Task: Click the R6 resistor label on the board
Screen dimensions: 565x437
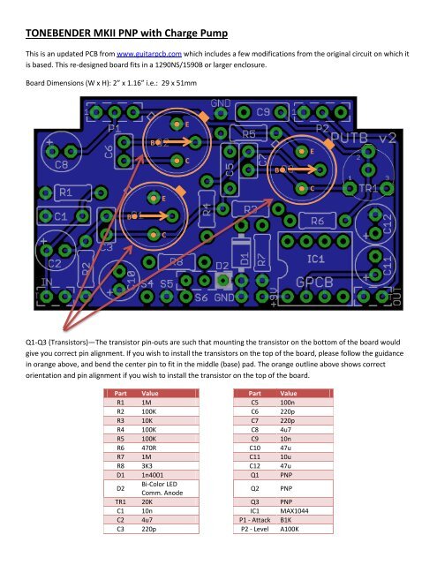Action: (x=318, y=219)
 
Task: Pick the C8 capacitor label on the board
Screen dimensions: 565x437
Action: (x=60, y=165)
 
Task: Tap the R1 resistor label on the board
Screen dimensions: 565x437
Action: (x=64, y=191)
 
